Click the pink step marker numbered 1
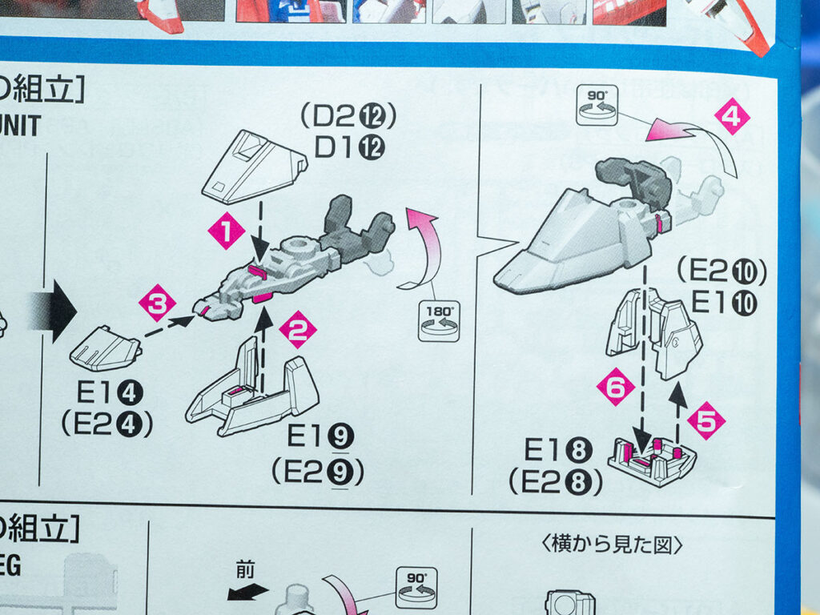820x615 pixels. click(x=226, y=232)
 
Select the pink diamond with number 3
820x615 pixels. click(x=157, y=303)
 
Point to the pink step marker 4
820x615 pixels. click(x=731, y=116)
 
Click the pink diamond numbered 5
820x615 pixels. click(x=705, y=420)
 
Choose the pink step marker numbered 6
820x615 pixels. click(x=615, y=388)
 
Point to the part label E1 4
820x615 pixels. click(x=111, y=394)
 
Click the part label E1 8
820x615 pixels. click(x=557, y=451)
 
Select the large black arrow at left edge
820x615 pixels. click(x=54, y=308)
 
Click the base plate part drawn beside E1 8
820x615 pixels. click(x=651, y=461)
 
